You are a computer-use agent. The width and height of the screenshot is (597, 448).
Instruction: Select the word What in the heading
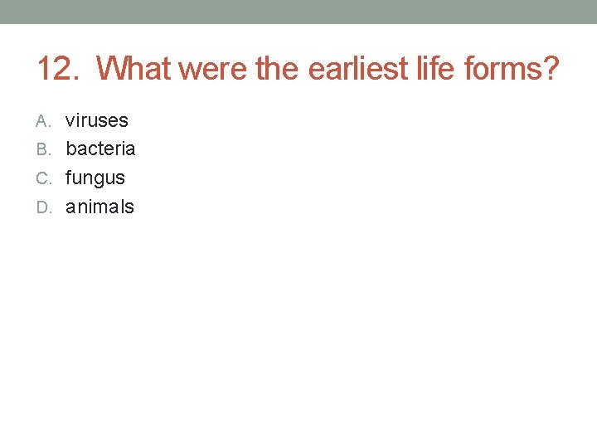133,69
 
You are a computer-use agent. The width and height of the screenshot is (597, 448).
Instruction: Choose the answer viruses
97,121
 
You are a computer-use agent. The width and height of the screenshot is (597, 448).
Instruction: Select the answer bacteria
100,149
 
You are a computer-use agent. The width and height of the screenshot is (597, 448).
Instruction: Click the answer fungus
95,178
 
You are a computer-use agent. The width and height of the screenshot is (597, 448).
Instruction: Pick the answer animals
99,207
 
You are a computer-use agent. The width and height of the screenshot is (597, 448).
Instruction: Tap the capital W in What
110,69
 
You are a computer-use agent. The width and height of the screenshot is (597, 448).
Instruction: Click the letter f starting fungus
69,178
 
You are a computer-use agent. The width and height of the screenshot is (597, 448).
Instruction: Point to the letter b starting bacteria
70,149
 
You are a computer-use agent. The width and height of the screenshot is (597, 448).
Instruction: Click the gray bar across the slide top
298,12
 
